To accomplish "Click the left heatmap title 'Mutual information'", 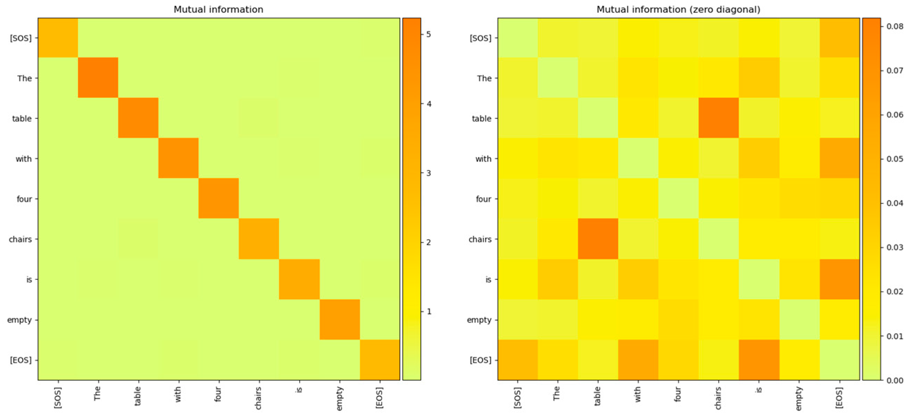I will click(x=218, y=9).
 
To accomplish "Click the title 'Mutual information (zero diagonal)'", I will click(x=678, y=9).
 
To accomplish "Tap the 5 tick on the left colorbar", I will click(x=428, y=34).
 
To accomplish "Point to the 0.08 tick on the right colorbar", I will click(x=895, y=26).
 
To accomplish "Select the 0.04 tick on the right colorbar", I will click(x=895, y=203).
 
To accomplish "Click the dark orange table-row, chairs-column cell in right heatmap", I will click(x=719, y=118).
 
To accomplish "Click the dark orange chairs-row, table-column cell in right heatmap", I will click(x=598, y=239).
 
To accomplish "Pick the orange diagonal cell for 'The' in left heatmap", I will click(x=98, y=77).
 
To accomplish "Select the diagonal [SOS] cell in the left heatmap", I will click(x=58, y=38).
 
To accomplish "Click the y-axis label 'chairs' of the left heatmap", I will click(x=20, y=239).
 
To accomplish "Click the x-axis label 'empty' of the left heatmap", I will click(x=340, y=398).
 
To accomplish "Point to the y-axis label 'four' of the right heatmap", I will click(x=483, y=199).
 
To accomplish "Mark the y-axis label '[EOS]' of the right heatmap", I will click(x=480, y=360).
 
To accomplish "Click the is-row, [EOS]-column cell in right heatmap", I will click(x=839, y=279).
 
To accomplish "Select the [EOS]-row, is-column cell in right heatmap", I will click(x=759, y=359).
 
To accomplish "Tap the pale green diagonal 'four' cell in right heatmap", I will click(x=678, y=199).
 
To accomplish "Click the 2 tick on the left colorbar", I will click(x=428, y=242).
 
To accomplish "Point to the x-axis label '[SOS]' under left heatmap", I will click(x=58, y=398).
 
